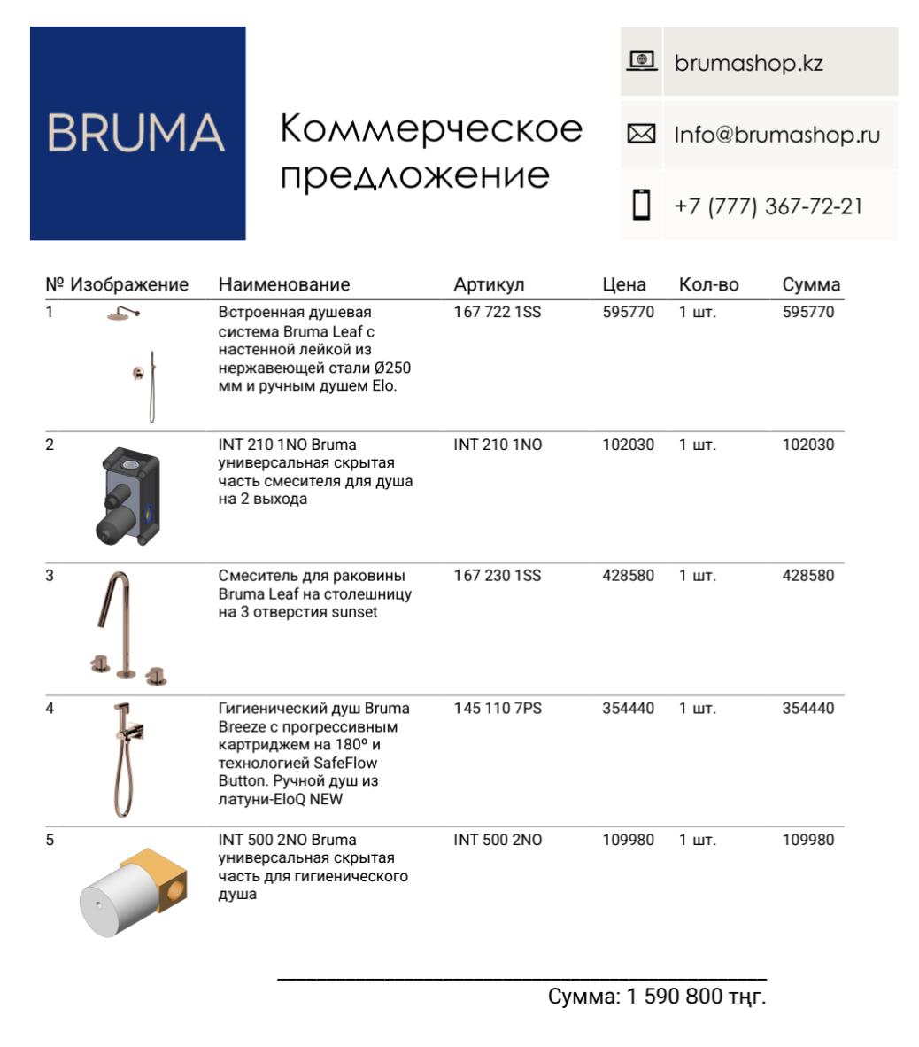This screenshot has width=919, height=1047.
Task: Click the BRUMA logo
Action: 137,133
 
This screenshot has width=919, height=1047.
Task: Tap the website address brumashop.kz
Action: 748,63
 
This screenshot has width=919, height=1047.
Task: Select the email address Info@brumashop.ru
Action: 776,136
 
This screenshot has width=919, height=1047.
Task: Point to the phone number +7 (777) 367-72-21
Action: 768,206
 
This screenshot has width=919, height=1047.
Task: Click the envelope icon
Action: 641,135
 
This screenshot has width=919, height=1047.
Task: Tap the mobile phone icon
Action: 641,205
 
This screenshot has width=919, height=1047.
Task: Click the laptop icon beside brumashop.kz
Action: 641,61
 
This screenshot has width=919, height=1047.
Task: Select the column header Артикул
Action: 489,284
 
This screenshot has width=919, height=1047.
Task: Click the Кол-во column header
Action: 708,284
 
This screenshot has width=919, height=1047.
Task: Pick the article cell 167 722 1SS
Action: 497,313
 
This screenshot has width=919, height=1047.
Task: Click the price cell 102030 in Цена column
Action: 628,445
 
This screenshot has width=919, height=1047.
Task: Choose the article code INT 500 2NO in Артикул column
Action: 498,840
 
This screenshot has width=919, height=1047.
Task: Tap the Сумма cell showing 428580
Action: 807,576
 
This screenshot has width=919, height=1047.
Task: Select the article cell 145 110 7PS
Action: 498,709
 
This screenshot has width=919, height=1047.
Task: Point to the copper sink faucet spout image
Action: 116,611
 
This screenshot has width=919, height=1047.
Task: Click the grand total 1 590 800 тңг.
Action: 696,997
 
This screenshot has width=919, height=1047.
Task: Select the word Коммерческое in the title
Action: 431,129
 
